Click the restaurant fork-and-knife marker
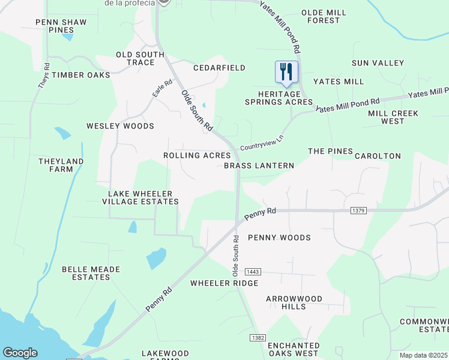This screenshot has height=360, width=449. pyautogui.click(x=286, y=72)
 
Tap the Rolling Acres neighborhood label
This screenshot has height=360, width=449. pyautogui.click(x=197, y=155)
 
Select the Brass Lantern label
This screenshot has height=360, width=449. pyautogui.click(x=259, y=166)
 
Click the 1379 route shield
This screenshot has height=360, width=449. pyautogui.click(x=358, y=211)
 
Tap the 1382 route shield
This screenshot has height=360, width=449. pyautogui.click(x=258, y=338)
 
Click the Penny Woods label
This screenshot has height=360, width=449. pyautogui.click(x=279, y=238)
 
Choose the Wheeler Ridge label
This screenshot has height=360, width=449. pyautogui.click(x=224, y=283)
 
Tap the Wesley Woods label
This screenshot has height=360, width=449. pyautogui.click(x=120, y=126)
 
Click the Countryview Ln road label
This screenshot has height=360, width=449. pyautogui.click(x=261, y=143)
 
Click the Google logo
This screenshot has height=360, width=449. pyautogui.click(x=20, y=353)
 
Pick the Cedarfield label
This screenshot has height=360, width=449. pyautogui.click(x=219, y=68)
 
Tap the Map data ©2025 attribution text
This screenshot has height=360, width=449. pyautogui.click(x=423, y=355)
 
